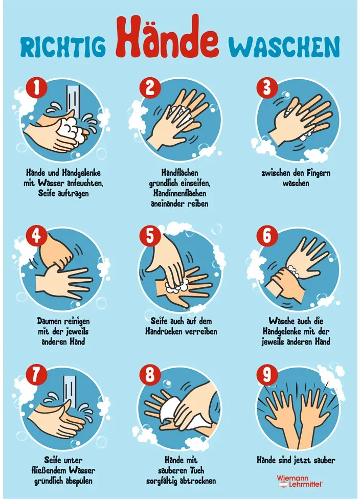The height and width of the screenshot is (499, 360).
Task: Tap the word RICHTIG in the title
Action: coord(63,48)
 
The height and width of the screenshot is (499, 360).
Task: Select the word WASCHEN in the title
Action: coord(284,47)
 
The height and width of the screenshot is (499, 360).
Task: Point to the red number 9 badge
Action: coord(267,375)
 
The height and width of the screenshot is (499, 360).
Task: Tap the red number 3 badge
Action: coord(267,88)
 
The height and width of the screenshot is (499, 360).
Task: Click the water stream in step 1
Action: coord(73,100)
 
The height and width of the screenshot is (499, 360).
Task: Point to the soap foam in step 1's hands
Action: coord(70,128)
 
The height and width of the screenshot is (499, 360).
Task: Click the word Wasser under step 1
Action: coord(51,184)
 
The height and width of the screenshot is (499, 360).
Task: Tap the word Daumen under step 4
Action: coord(50,322)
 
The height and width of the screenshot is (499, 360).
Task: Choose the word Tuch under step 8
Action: coord(197,470)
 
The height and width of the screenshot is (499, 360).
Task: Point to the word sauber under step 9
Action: coord(323,460)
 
